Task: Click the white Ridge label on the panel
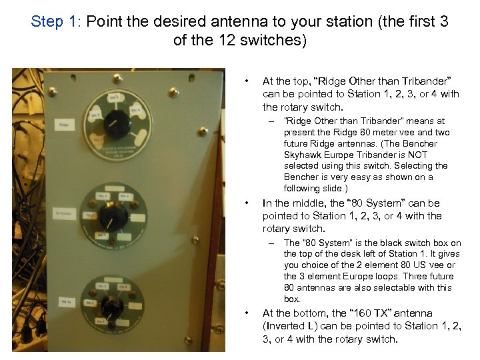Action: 64,125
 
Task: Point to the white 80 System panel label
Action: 65,213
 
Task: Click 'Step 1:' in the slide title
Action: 57,21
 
